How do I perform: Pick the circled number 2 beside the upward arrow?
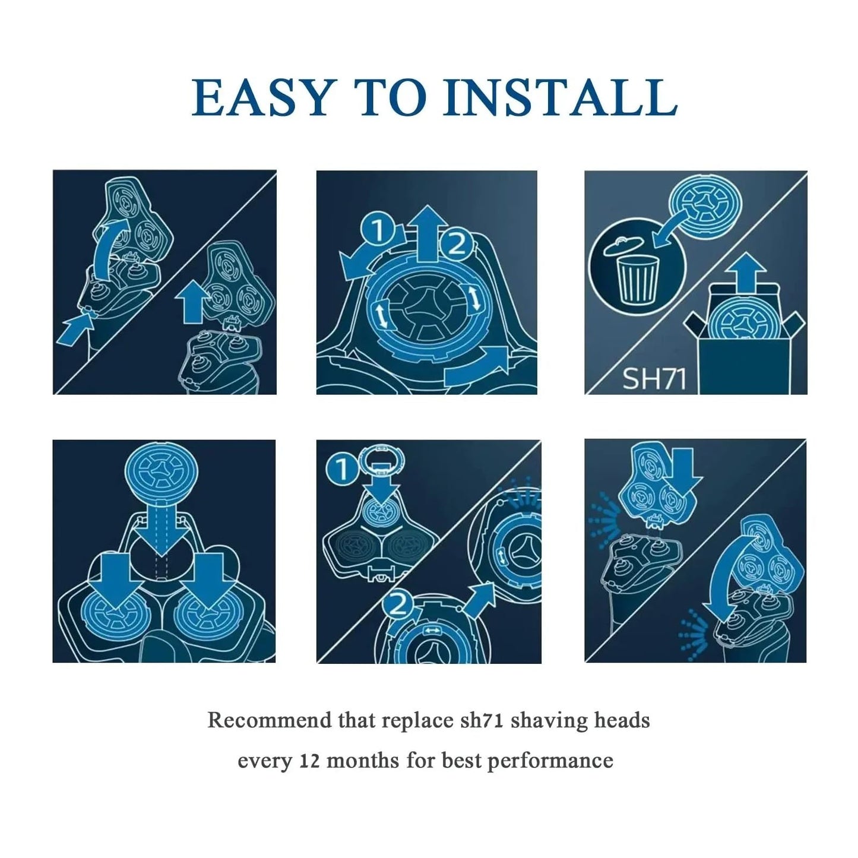[457, 244]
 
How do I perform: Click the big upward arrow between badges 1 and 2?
[426, 233]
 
